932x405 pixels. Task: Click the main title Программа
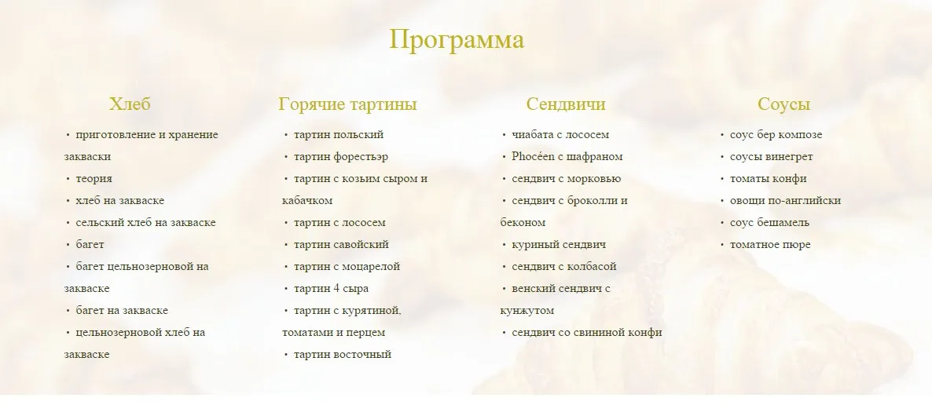(457, 40)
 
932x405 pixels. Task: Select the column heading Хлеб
(130, 104)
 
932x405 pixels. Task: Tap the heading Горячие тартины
(347, 104)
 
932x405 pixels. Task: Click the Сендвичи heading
(566, 104)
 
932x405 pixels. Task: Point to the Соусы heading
(783, 104)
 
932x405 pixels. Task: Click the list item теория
(94, 179)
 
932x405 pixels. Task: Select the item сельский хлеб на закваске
(145, 223)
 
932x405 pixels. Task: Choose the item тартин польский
(339, 135)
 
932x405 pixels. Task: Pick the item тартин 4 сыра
(331, 289)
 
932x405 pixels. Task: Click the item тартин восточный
(342, 355)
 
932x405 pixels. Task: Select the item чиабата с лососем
(560, 135)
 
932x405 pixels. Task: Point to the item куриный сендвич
(559, 245)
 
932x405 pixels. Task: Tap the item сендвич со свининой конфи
(586, 333)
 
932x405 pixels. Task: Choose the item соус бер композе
(776, 135)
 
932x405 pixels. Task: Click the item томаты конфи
(768, 179)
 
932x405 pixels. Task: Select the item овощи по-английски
(785, 201)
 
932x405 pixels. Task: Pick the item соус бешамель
(769, 223)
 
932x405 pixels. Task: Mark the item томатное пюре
(770, 245)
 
